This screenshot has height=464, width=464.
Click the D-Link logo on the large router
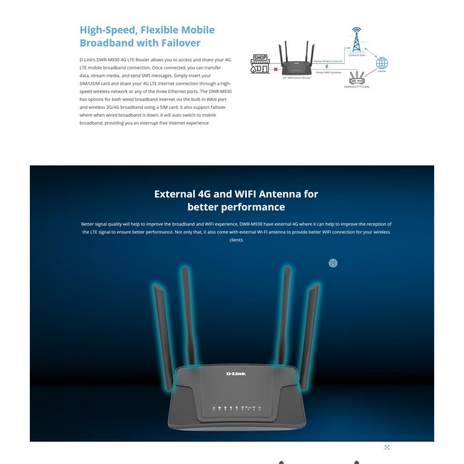coord(236,373)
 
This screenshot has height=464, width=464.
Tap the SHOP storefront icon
coord(260,64)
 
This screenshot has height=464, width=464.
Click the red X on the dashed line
coord(275,69)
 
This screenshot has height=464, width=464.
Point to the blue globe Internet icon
coord(382,63)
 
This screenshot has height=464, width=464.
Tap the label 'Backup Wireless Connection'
coord(329,61)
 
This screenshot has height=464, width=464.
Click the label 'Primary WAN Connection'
coord(329,72)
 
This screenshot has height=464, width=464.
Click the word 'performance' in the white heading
coord(236,207)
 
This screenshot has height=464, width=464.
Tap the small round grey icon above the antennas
coord(333,263)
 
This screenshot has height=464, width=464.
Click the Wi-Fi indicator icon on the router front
coord(254,408)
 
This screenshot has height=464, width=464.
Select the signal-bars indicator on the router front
coord(248,408)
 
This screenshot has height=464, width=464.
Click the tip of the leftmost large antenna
coord(156,287)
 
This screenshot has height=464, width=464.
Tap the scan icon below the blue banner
coord(387,448)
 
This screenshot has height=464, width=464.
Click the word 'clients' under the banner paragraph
coord(236,240)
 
